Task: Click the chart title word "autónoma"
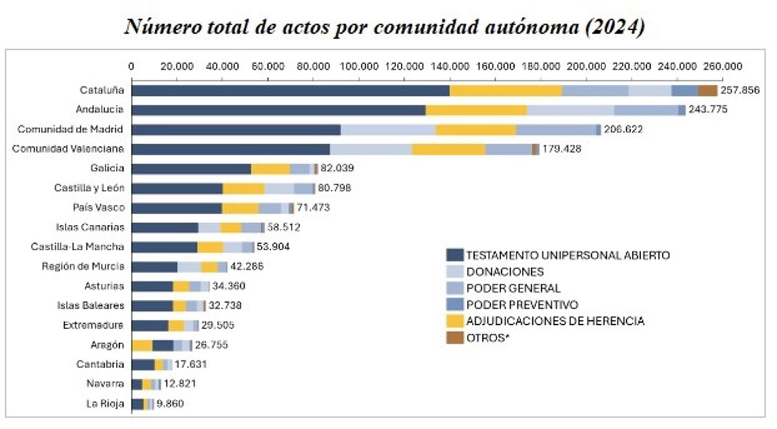pos(512,28)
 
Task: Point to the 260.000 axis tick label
pos(722,66)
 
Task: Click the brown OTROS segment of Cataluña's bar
pos(707,91)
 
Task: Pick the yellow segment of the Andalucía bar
pos(476,110)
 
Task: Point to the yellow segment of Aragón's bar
pos(142,345)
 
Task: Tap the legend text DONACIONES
pos(505,272)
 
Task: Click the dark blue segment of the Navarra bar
pos(137,384)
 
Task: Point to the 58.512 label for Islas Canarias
pos(284,227)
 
